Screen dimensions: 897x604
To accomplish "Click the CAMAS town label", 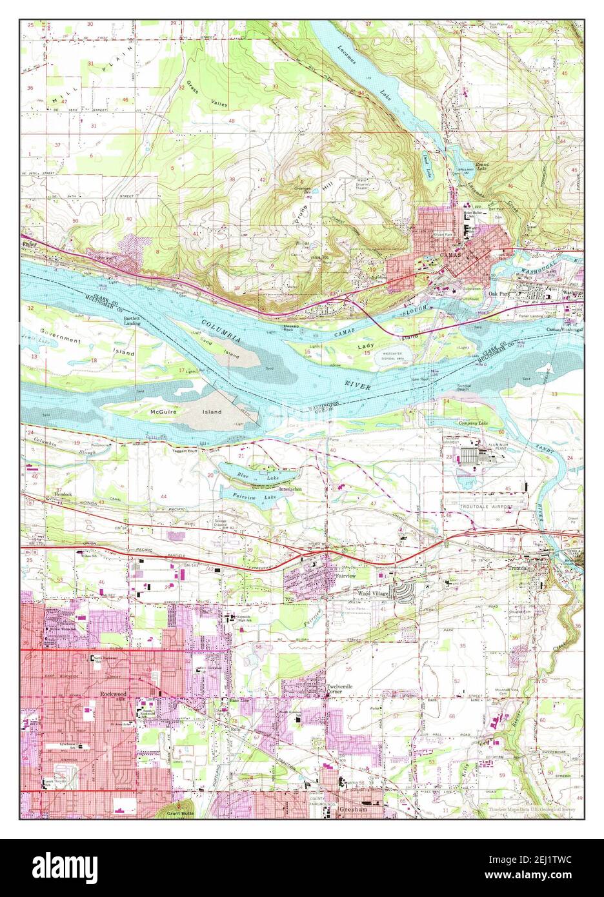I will tap(447, 254).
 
